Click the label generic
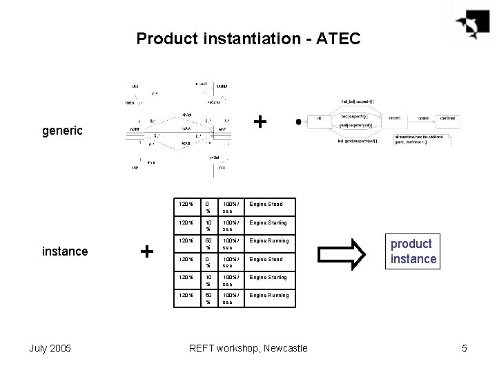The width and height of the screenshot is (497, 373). click(63, 129)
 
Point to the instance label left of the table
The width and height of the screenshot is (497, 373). click(65, 251)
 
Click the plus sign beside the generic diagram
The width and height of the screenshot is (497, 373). click(260, 122)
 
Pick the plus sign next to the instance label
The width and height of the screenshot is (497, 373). click(146, 251)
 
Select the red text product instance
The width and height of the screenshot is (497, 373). click(414, 251)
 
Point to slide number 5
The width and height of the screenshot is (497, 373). click(465, 348)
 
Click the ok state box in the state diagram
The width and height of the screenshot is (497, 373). click(319, 119)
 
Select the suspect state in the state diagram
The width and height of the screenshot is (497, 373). click(394, 119)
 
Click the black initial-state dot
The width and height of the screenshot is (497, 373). click(298, 122)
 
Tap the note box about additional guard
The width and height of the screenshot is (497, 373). click(422, 140)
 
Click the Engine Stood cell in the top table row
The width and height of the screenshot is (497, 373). click(266, 204)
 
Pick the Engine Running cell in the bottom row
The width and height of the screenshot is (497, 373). click(269, 295)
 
